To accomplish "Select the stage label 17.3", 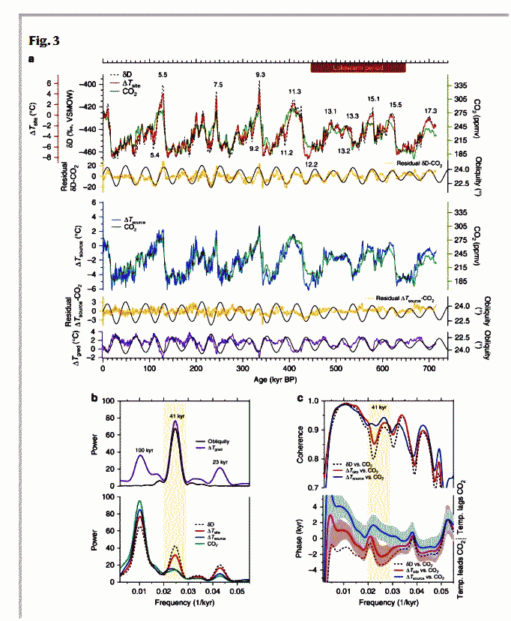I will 430,111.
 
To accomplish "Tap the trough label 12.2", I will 312,163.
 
